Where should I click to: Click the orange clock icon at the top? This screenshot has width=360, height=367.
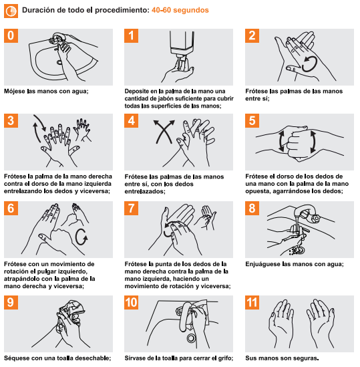point(11,11)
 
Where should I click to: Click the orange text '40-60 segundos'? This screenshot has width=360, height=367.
point(180,10)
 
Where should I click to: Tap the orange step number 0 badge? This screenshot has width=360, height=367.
point(11,36)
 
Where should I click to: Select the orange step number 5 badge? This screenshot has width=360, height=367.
point(252,120)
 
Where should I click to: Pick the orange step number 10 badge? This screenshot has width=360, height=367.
point(131,302)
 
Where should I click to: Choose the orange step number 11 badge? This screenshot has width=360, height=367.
point(252,302)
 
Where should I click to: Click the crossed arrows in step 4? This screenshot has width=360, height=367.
point(164,132)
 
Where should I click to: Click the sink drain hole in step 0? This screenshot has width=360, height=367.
point(59,62)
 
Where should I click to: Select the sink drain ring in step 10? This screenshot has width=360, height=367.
point(191,338)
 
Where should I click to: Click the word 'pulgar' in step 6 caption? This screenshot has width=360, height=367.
point(51,271)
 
